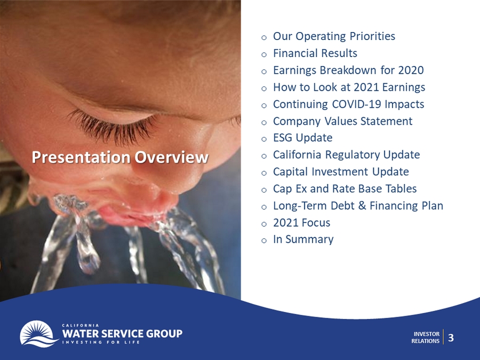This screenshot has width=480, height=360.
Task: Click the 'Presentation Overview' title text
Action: tap(120, 157)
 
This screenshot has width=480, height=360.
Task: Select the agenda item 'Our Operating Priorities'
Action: tap(334, 36)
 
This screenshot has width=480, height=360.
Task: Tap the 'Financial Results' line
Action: tap(315, 53)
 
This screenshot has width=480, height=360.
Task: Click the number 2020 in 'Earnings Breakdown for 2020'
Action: tap(411, 70)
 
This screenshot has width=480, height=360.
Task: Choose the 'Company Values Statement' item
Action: tap(342, 121)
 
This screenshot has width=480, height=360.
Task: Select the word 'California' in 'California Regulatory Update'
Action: tap(297, 155)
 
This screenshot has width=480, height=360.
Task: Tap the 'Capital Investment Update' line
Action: tap(341, 172)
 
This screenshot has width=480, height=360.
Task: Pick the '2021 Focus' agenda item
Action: tap(301, 222)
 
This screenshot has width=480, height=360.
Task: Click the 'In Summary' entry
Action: tap(303, 239)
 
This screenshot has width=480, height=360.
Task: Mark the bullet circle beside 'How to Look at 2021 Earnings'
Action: tap(264, 89)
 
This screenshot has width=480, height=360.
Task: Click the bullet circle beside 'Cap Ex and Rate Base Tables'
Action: tap(264, 190)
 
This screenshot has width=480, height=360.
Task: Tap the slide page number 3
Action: tap(451, 338)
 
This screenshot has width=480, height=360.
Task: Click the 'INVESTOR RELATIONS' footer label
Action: tap(425, 338)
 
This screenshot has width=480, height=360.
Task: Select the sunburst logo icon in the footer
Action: tap(39, 334)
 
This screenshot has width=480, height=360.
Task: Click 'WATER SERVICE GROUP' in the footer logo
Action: tap(122, 333)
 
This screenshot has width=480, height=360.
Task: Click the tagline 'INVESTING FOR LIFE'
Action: tap(101, 342)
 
